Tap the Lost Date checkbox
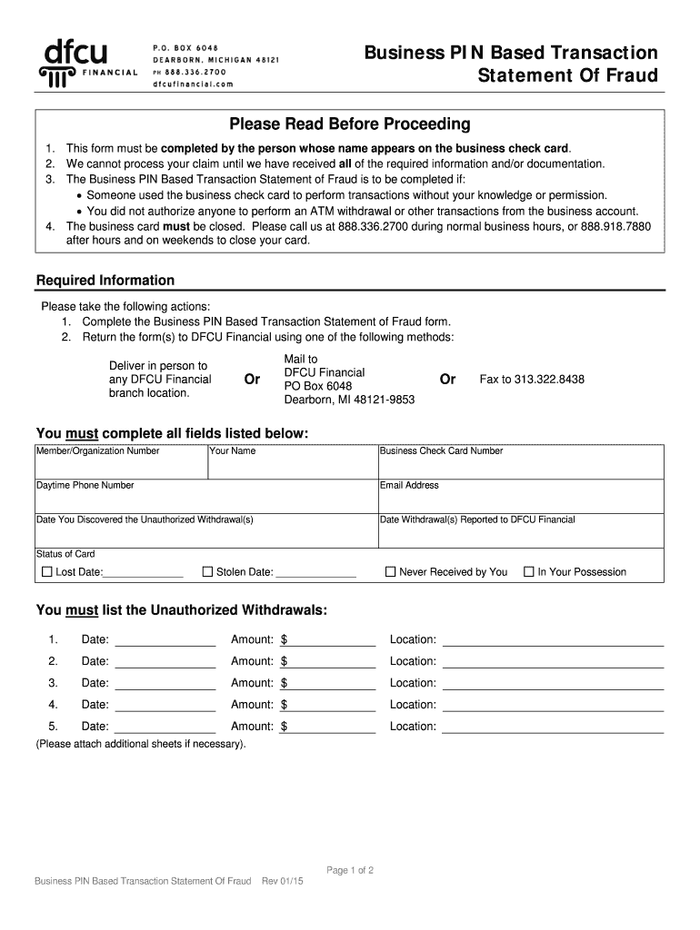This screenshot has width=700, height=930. pyautogui.click(x=47, y=572)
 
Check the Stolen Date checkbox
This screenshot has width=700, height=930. pyautogui.click(x=207, y=572)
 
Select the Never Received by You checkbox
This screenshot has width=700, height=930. pyautogui.click(x=391, y=572)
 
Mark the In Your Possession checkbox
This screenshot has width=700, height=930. pyautogui.click(x=528, y=572)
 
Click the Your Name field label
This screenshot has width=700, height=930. pyautogui.click(x=233, y=451)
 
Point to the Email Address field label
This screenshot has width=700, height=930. pyautogui.click(x=409, y=486)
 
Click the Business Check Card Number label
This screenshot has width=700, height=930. pyautogui.click(x=441, y=451)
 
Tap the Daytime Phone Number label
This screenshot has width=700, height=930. pyautogui.click(x=85, y=486)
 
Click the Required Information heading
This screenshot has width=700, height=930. pyautogui.click(x=105, y=281)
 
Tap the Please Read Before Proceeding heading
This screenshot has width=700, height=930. pyautogui.click(x=350, y=124)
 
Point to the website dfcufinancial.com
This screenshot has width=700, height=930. pyautogui.click(x=186, y=84)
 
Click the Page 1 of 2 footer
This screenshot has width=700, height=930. pyautogui.click(x=350, y=871)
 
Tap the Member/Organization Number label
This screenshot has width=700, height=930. pyautogui.click(x=98, y=451)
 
